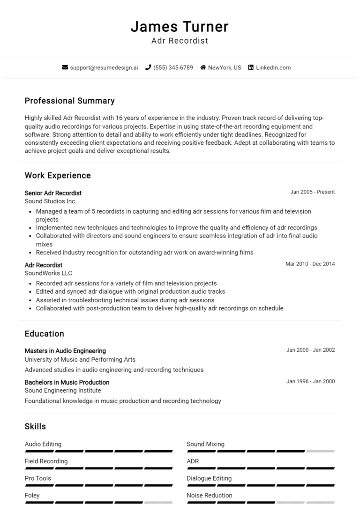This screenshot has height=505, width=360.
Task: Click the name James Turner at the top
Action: (x=180, y=27)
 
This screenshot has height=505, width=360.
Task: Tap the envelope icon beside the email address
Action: (x=65, y=67)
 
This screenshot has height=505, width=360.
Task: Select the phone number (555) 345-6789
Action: (x=173, y=67)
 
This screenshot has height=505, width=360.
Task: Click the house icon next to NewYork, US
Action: (x=203, y=67)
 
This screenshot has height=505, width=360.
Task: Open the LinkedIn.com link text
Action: (x=273, y=67)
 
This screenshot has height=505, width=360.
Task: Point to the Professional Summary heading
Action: (x=69, y=101)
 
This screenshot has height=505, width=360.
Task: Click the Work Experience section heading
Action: (x=58, y=176)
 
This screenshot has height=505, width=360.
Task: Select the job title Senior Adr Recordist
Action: (x=53, y=193)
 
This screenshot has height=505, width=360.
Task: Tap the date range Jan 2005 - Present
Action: (x=312, y=192)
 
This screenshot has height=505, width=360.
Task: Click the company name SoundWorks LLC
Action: (x=48, y=273)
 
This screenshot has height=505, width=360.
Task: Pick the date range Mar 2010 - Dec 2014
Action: (x=310, y=264)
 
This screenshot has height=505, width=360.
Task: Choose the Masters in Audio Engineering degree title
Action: (x=65, y=351)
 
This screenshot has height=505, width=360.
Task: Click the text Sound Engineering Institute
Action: (x=63, y=390)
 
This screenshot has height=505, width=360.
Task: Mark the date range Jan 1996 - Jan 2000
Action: (x=310, y=381)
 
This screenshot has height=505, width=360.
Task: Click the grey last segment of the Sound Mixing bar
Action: (x=320, y=451)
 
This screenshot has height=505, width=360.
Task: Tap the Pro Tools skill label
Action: (x=38, y=478)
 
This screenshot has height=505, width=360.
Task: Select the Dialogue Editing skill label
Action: (x=209, y=478)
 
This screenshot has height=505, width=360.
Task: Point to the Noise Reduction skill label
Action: (x=210, y=495)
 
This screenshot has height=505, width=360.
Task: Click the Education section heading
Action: (x=45, y=334)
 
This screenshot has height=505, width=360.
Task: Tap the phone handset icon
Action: (x=148, y=67)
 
